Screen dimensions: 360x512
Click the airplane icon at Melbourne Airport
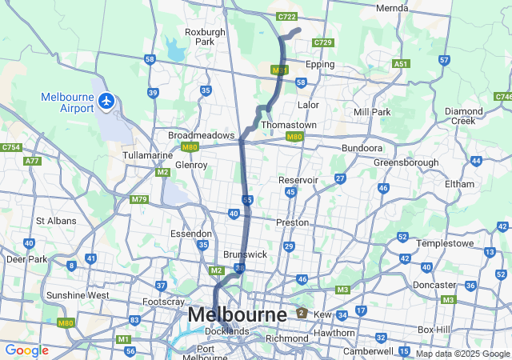coord(107,102)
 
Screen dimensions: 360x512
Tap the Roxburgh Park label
coord(199,37)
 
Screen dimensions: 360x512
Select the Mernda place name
coord(392,8)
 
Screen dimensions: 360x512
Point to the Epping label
coord(320,64)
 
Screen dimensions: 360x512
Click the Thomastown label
coord(289,126)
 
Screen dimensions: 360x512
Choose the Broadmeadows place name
coord(201,135)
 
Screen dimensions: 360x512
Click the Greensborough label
coord(406,162)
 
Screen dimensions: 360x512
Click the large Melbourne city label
coord(237,315)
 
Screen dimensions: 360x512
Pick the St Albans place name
coord(56,221)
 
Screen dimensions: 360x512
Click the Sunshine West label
coord(78,295)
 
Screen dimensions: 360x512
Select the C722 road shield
coord(286,17)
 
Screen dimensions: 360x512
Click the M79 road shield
coord(139,199)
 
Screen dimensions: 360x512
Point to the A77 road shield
coord(32,162)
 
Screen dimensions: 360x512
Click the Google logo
coord(26,350)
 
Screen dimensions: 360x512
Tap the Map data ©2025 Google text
coord(462,354)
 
